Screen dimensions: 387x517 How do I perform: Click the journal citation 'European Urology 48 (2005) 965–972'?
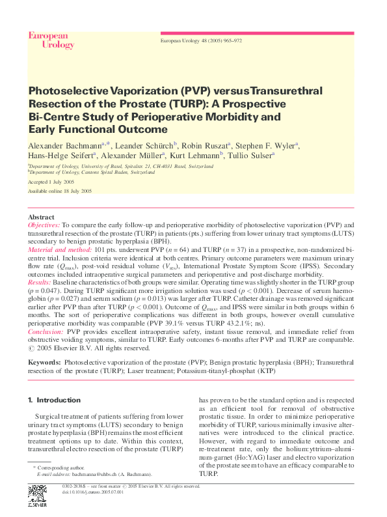tap(201, 40)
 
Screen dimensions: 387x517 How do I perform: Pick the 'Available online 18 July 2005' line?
tap(60, 191)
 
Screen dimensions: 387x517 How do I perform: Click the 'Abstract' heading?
tap(41, 217)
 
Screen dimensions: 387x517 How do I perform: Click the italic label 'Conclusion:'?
tap(44, 331)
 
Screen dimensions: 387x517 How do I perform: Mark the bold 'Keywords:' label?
tap(44, 361)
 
